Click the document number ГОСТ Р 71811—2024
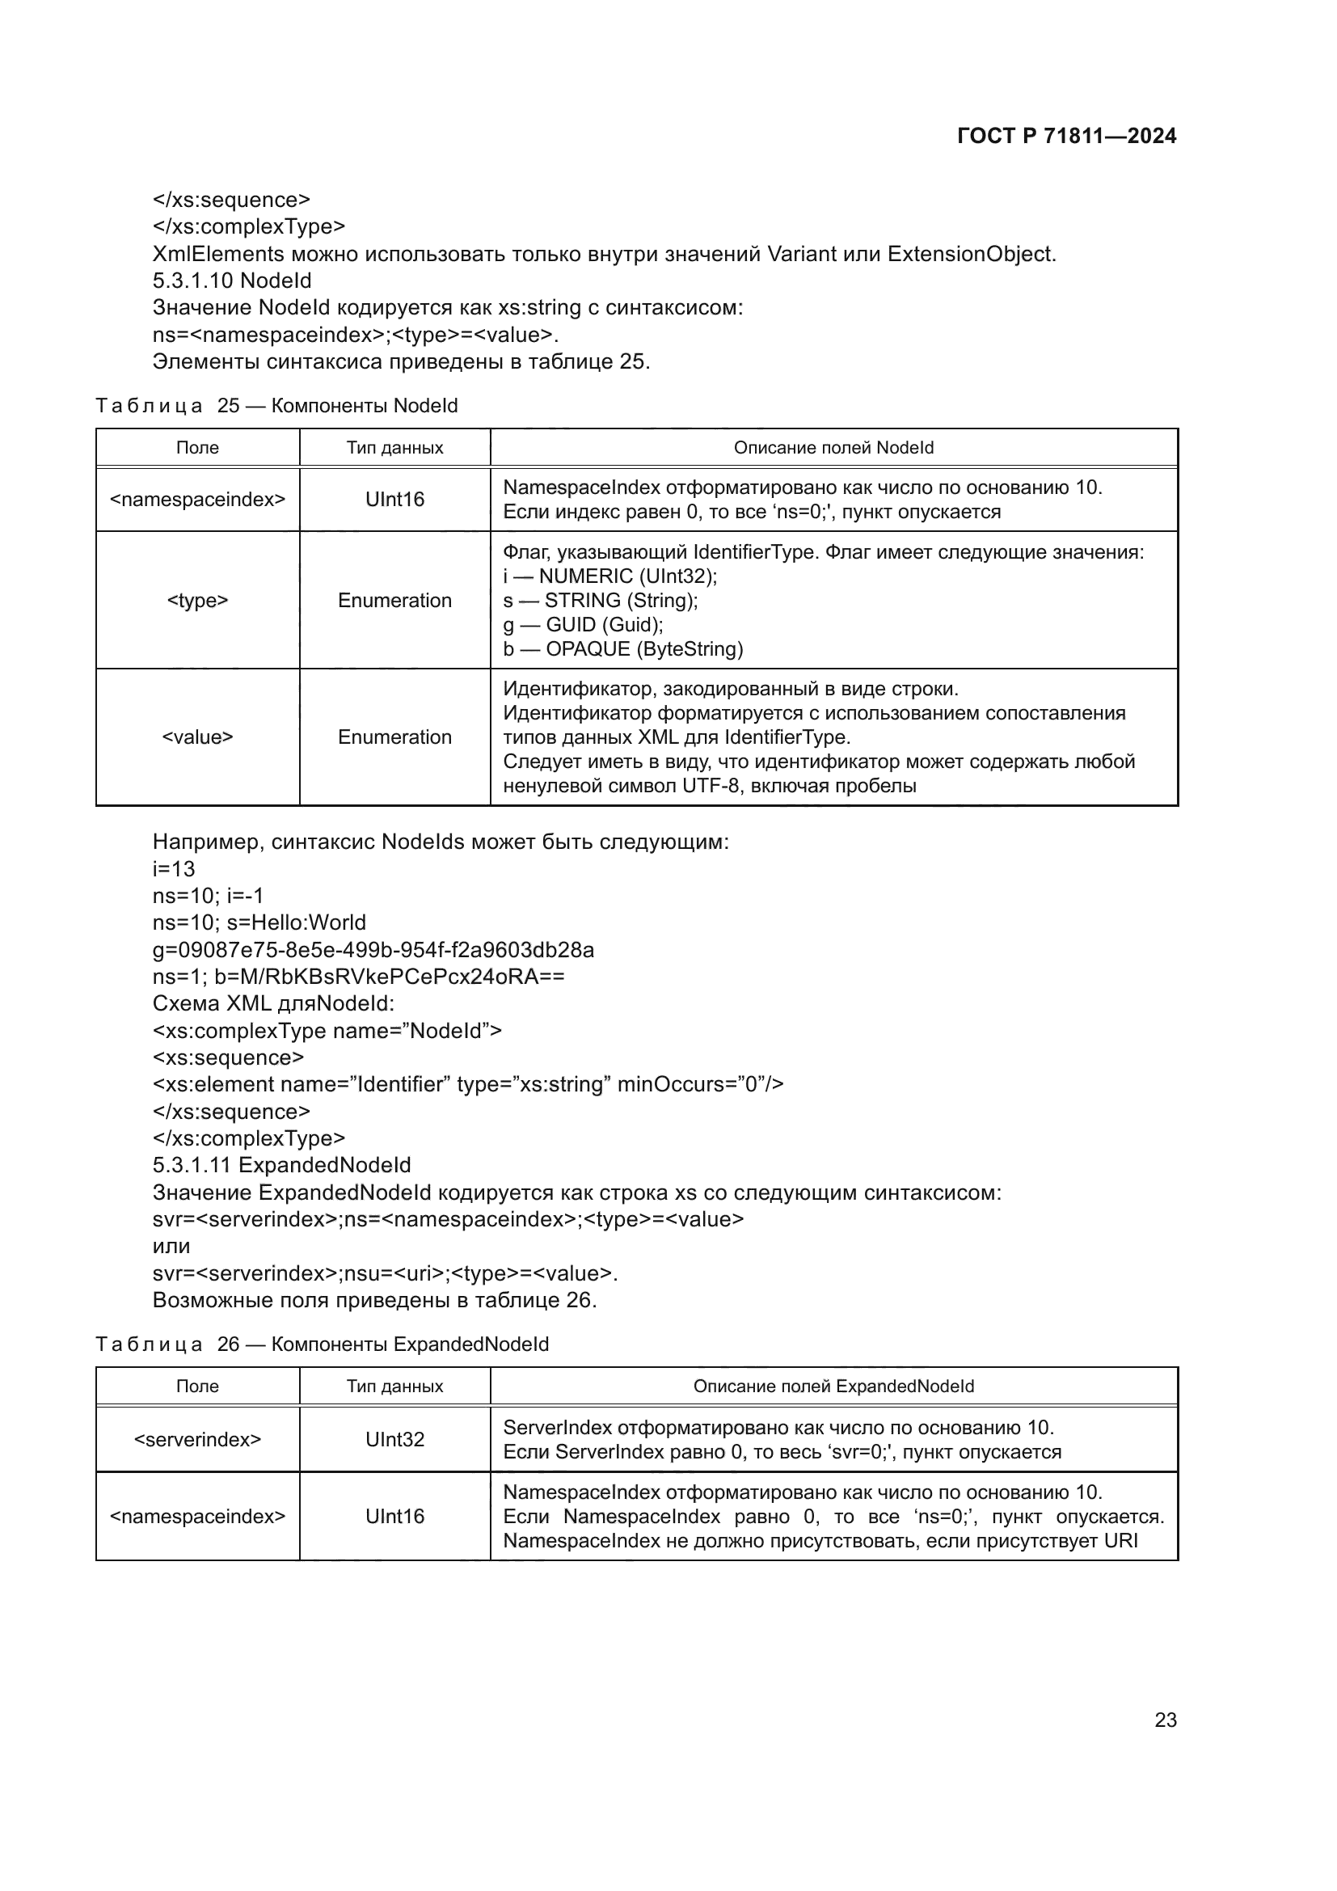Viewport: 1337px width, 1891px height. pos(1066,136)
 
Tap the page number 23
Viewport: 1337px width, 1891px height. pos(1165,1720)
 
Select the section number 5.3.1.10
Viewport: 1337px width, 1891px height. pos(193,281)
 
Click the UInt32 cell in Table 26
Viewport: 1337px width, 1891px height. pos(394,1439)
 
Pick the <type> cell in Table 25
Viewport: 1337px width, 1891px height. pos(197,601)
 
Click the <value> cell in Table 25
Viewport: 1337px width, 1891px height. pos(197,737)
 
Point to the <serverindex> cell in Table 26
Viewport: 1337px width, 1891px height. pos(197,1439)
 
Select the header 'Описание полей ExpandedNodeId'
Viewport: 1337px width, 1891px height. pos(833,1387)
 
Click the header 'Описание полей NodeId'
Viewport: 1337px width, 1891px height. pos(833,447)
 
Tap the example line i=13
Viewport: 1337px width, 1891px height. pos(174,869)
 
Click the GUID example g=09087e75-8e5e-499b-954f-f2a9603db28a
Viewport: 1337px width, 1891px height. pos(373,950)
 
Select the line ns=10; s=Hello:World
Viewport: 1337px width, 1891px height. pos(259,922)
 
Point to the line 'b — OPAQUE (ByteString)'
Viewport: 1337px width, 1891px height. pos(623,649)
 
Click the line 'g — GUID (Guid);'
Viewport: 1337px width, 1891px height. pos(583,624)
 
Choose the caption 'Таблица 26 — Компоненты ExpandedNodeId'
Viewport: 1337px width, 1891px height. pos(322,1344)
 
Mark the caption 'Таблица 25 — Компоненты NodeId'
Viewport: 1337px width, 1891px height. pos(276,405)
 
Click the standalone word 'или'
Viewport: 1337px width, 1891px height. pos(171,1246)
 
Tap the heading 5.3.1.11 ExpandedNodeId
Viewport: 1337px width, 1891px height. pos(281,1166)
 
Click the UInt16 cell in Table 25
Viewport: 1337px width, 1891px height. pos(394,499)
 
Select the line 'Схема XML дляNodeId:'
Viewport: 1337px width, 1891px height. pos(273,1003)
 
